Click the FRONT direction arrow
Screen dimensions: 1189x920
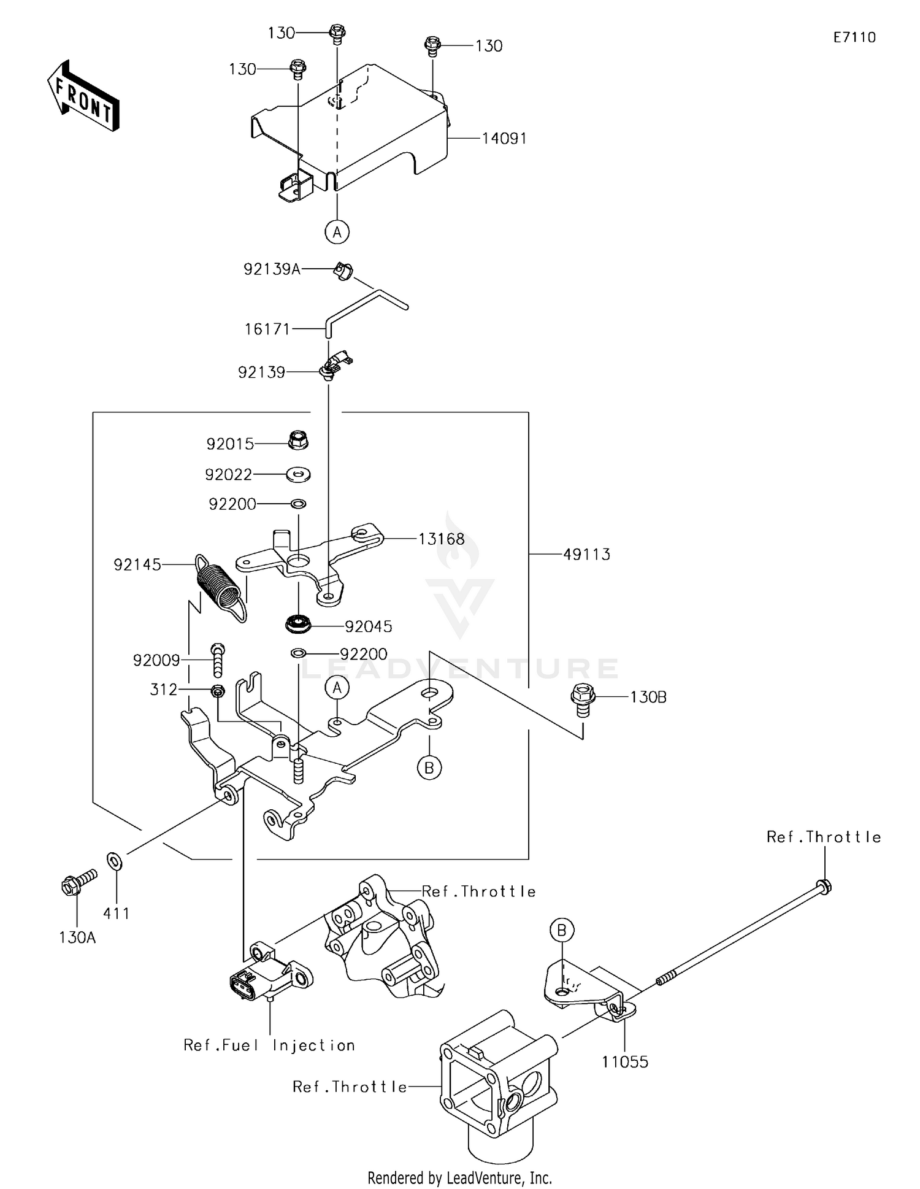[x=83, y=96]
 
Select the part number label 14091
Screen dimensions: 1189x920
[x=504, y=139]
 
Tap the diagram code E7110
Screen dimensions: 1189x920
[x=854, y=37]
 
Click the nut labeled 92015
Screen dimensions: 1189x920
[x=298, y=439]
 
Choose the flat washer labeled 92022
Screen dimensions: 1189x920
[x=299, y=474]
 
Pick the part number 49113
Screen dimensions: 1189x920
[x=587, y=555]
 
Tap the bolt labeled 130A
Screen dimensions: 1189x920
[x=76, y=884]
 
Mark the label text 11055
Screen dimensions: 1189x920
[x=625, y=1062]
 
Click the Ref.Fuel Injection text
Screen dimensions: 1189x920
[x=269, y=1045]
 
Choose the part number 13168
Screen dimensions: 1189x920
[x=442, y=539]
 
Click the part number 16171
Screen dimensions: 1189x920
[x=267, y=329]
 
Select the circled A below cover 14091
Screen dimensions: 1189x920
[x=337, y=232]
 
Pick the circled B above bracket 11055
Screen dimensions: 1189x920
[x=562, y=930]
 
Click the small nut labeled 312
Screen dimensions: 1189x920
[x=218, y=691]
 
